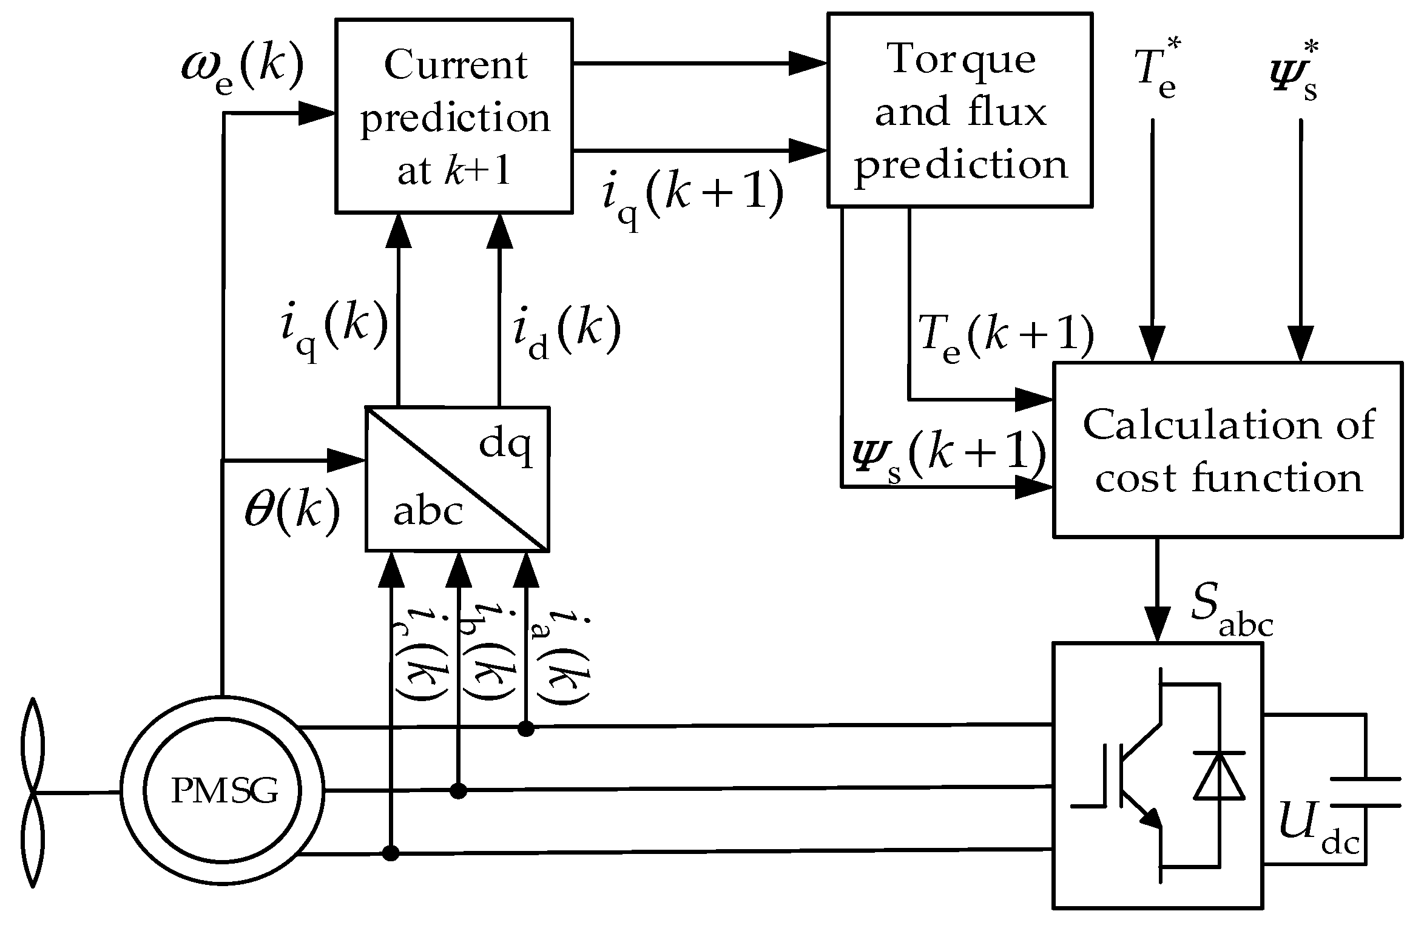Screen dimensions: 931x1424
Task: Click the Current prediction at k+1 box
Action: (x=454, y=116)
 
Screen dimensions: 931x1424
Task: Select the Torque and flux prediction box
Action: (x=960, y=110)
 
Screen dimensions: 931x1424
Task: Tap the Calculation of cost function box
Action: (x=1227, y=449)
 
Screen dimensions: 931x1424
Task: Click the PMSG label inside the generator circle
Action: (x=224, y=790)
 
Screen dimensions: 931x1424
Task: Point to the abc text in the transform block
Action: (x=428, y=511)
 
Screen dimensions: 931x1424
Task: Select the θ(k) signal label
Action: (x=291, y=511)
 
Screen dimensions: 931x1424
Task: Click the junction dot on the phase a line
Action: (x=526, y=728)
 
